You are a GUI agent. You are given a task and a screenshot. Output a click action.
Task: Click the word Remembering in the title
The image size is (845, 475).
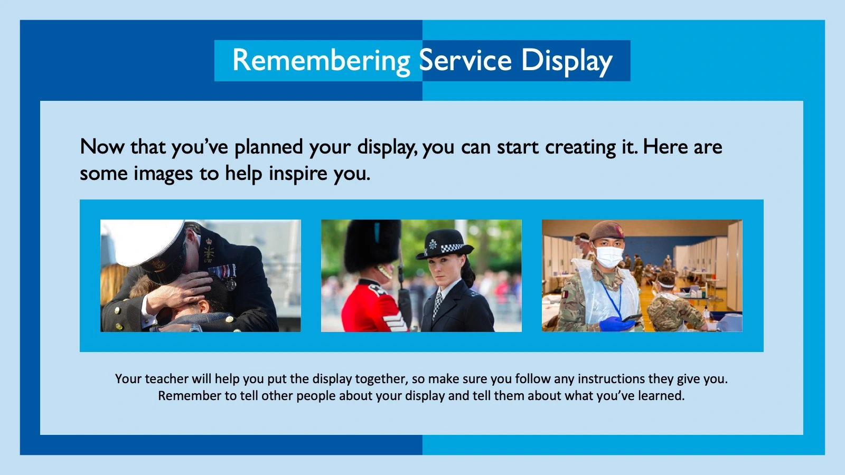coord(321,61)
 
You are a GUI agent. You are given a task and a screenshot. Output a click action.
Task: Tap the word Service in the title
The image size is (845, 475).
coord(465,61)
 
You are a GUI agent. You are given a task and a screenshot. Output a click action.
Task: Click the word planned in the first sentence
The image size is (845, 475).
coord(268,147)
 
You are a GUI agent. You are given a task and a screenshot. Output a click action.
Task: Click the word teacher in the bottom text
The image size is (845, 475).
coord(166,379)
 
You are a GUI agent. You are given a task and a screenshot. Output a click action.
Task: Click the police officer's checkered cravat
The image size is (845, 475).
coord(438,304)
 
